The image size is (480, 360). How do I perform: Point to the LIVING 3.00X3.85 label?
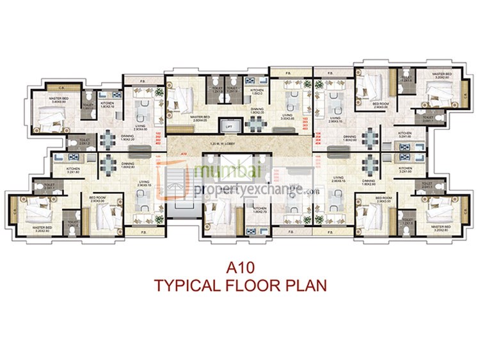pos(288,117)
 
